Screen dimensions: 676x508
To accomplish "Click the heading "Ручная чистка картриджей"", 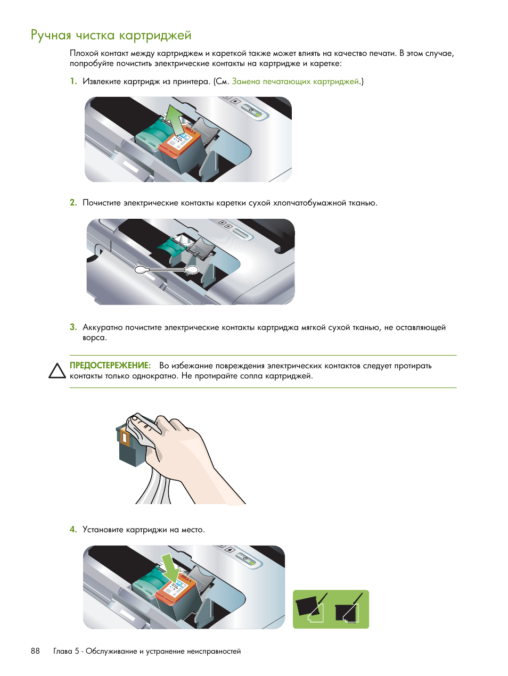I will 111,35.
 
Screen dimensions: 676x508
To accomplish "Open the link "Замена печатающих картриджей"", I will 296,81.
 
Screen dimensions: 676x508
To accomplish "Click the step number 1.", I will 73,81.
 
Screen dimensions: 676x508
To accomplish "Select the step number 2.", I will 73,202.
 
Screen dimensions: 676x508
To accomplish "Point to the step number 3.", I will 73,327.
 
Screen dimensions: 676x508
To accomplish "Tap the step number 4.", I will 73,529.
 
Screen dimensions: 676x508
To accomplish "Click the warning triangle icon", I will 57,371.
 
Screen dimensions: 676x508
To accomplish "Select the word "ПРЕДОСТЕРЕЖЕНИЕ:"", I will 110,366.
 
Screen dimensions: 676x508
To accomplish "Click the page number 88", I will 35,651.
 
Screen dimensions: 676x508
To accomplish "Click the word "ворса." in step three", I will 94,337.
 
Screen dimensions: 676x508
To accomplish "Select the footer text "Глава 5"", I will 66,651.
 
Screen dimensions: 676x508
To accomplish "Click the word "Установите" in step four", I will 103,530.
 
